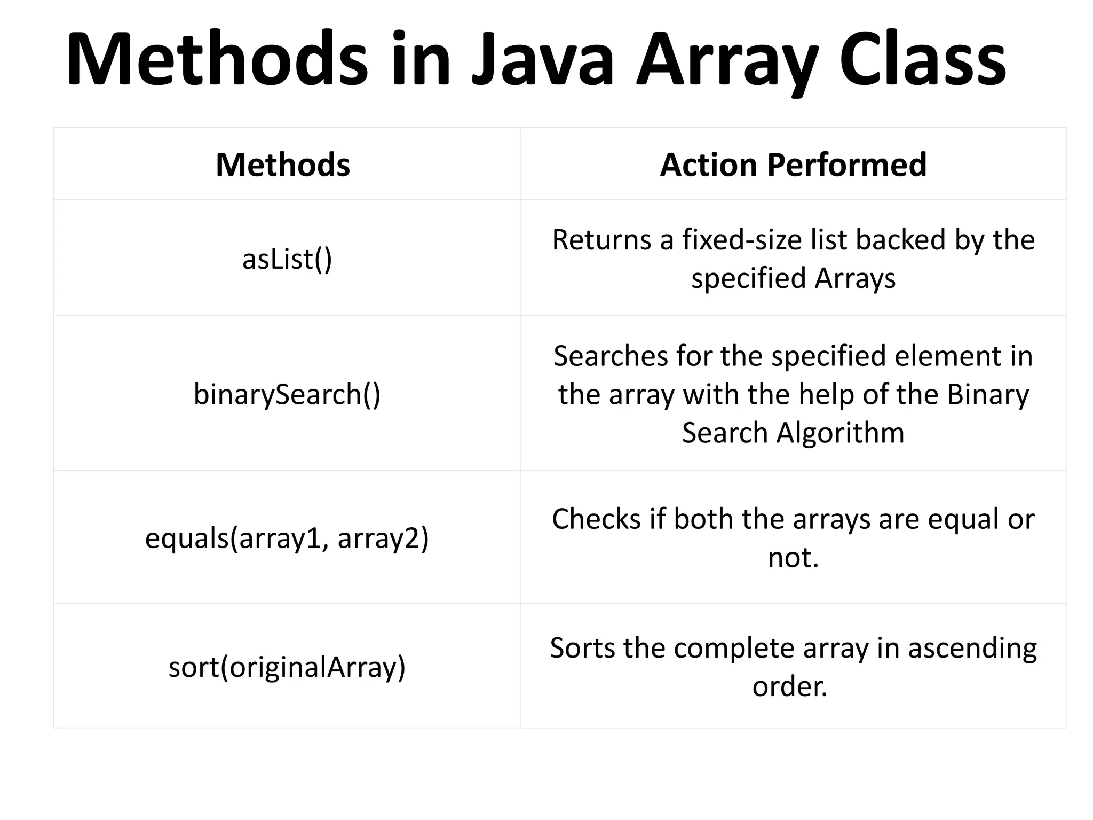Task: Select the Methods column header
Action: coord(283,165)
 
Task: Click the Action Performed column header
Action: coord(793,165)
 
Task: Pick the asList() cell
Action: coord(287,260)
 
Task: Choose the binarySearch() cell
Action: coord(287,394)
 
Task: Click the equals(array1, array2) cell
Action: coord(287,538)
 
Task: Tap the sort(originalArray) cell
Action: coord(287,667)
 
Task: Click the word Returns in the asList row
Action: coord(601,240)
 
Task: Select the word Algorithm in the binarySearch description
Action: coord(840,433)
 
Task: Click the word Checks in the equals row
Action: coord(596,519)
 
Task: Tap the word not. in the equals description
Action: coord(793,558)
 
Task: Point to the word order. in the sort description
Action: coord(789,686)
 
